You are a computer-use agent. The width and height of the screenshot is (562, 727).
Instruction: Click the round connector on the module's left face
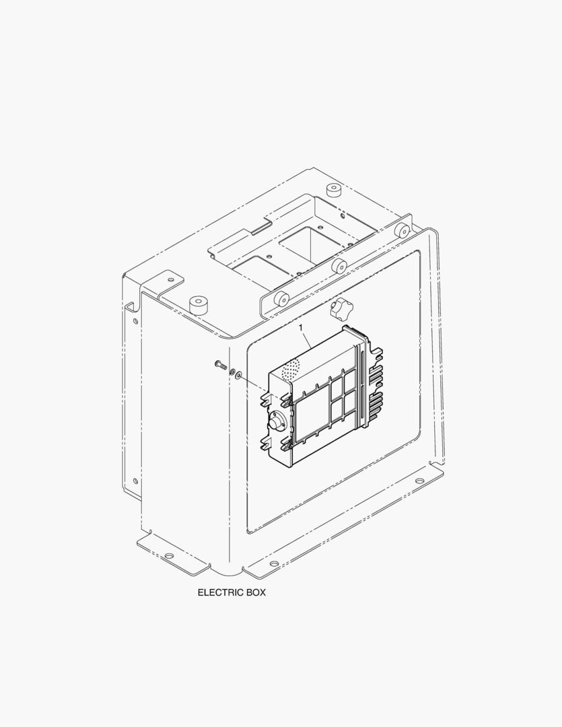(276, 422)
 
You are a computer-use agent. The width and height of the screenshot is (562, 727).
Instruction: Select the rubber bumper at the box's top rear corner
(332, 191)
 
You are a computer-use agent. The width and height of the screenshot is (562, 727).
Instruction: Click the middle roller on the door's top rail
(338, 265)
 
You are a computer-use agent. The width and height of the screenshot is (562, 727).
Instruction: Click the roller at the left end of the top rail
(280, 298)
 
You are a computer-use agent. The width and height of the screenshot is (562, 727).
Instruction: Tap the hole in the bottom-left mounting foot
(169, 555)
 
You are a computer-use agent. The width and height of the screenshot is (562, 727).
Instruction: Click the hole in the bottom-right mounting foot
(419, 481)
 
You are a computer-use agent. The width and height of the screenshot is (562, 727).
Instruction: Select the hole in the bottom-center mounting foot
(273, 563)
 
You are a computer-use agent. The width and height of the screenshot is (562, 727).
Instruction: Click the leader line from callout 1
(306, 340)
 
